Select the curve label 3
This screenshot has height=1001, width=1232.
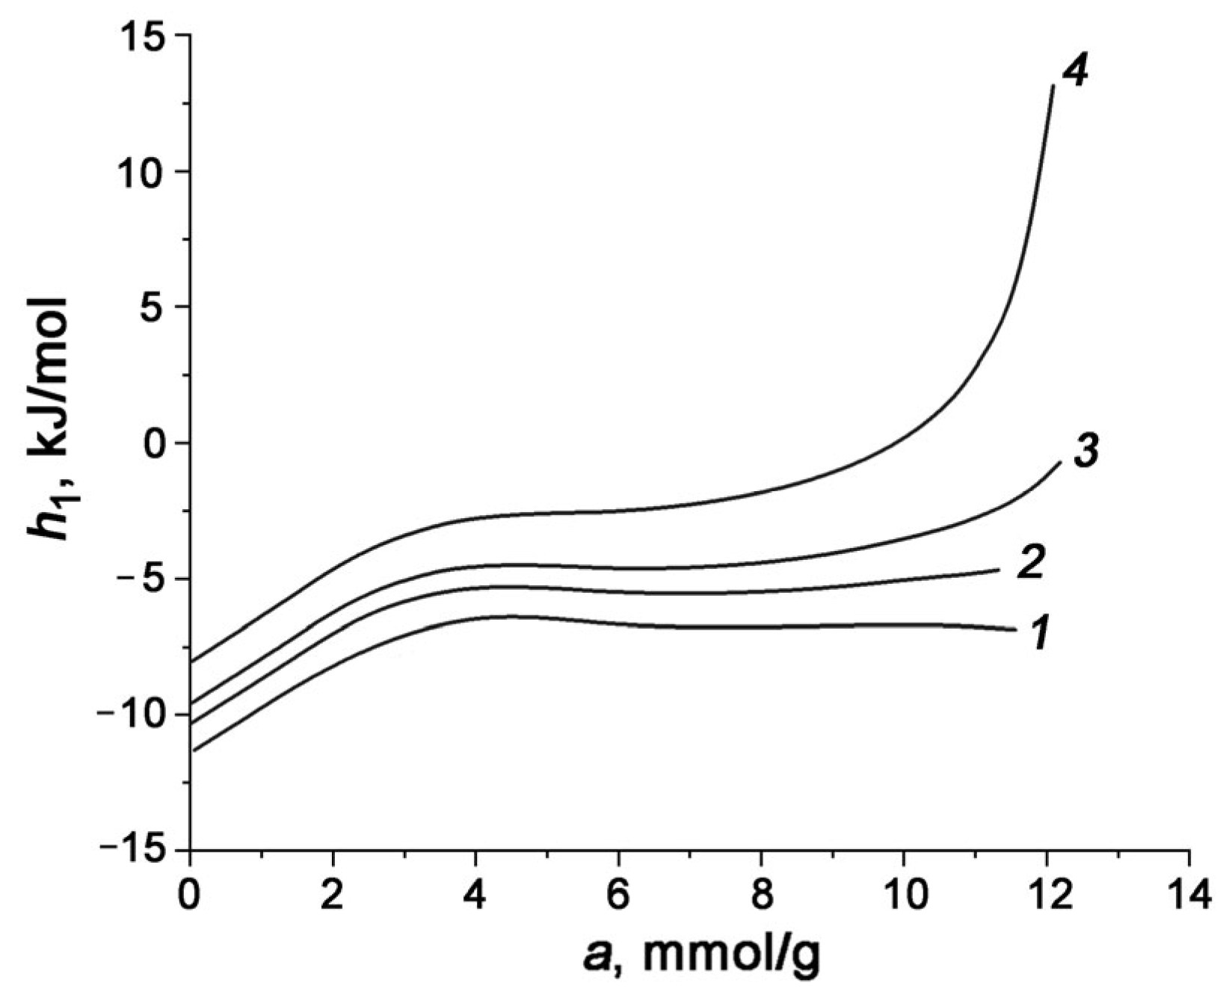(x=1085, y=453)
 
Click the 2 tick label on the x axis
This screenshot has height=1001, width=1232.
(x=333, y=896)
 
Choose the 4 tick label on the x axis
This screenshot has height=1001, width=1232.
(x=476, y=896)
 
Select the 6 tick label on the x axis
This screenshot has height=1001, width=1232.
(x=618, y=896)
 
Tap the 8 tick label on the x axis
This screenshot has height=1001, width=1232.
(x=761, y=896)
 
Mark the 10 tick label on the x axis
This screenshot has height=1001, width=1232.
(x=904, y=896)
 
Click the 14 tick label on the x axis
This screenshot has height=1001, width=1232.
(x=1189, y=896)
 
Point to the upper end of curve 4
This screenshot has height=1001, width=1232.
(x=1053, y=86)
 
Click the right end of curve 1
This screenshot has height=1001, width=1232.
(x=1015, y=629)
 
